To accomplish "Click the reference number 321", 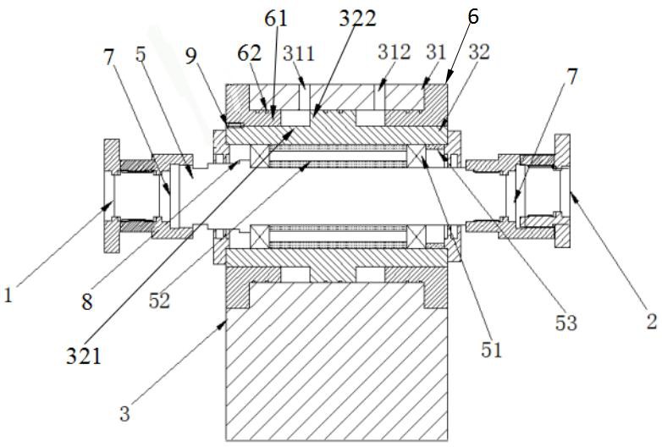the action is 84,356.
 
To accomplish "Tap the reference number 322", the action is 357,18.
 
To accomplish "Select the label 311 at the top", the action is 299,53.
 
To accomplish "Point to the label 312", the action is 394,52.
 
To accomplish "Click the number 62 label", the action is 249,53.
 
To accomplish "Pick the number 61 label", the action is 276,18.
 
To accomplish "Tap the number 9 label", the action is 191,56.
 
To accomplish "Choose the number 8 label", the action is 87,302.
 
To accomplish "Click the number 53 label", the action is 565,323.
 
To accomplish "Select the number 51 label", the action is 492,350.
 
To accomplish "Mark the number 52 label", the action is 159,301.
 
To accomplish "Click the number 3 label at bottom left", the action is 124,413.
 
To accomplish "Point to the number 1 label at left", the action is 8,295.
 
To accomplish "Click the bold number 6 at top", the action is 473,16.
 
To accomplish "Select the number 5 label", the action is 141,54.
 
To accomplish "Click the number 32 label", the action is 478,52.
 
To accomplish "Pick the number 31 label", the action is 436,52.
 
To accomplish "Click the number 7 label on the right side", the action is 571,77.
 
